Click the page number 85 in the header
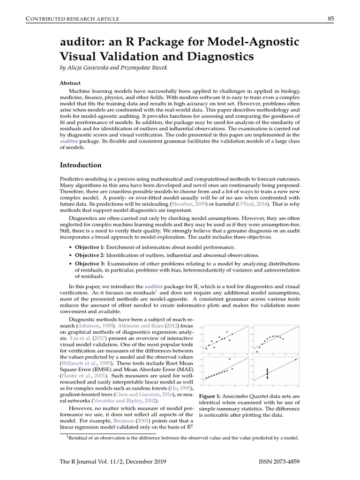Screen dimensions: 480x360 pos(330,18)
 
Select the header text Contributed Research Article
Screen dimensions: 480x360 pos(67,19)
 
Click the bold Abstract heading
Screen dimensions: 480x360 pos(70,83)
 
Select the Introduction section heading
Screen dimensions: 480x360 pos(81,165)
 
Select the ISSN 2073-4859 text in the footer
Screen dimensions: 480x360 pos(279,462)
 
